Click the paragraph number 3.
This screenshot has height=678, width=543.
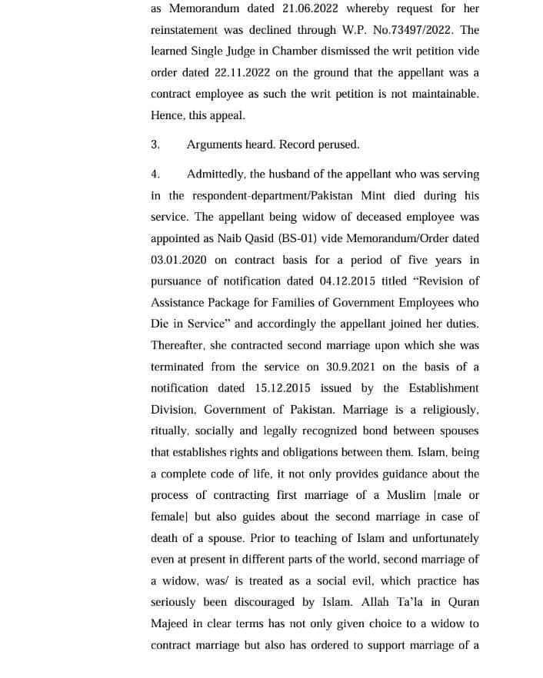coord(155,144)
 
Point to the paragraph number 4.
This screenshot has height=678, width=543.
coord(155,174)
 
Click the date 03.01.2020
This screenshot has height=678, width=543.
coord(179,260)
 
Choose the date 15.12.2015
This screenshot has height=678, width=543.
coord(284,388)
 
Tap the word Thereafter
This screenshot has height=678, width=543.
coord(180,345)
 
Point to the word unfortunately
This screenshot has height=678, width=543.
coord(439,538)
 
